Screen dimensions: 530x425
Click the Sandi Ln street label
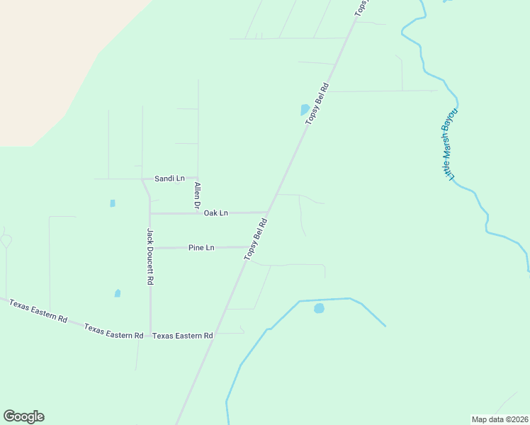point(170,178)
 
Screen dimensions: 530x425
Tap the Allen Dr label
point(198,195)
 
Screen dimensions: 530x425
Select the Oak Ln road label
point(216,212)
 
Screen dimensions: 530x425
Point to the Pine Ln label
point(201,248)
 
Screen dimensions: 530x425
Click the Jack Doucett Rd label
point(150,256)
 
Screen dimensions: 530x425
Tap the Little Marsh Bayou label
point(450,144)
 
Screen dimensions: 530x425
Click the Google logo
point(23,416)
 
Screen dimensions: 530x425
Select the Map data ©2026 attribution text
point(500,419)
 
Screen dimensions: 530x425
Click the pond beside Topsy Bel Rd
point(305,110)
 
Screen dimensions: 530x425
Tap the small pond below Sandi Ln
point(113,203)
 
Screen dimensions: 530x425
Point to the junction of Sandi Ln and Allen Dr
point(198,178)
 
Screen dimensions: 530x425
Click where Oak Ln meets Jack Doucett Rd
point(150,213)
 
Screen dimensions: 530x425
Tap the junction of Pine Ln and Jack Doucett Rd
point(150,248)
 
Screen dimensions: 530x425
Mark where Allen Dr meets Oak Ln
point(198,212)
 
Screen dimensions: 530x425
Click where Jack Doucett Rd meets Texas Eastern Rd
point(150,336)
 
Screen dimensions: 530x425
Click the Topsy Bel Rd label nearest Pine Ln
point(256,239)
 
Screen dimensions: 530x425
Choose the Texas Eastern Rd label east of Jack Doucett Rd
point(183,336)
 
